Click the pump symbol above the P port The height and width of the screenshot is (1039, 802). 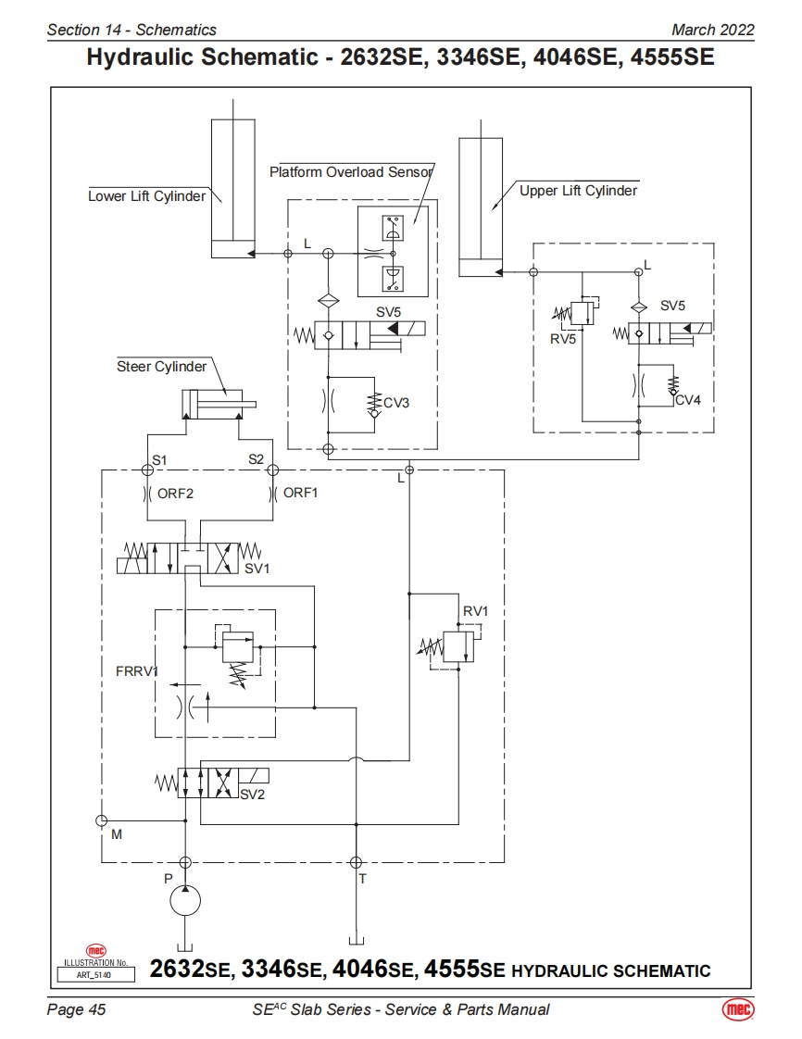[185, 901]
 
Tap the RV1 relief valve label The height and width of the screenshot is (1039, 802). [475, 611]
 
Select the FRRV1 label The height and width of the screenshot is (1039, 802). [137, 671]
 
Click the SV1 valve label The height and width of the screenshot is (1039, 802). [257, 569]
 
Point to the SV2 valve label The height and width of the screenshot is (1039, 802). [252, 794]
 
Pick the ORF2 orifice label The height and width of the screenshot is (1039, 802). [175, 493]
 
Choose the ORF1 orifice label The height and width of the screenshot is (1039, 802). [300, 493]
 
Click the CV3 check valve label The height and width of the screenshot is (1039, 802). [396, 403]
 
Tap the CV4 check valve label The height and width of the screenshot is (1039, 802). [688, 400]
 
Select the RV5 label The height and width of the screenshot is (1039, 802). [563, 339]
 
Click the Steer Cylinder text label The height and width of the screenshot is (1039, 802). [161, 367]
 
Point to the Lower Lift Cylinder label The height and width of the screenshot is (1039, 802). [146, 196]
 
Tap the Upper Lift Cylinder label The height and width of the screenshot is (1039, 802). [578, 191]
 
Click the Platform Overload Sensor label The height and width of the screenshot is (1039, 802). [351, 172]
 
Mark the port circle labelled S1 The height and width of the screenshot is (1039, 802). [148, 470]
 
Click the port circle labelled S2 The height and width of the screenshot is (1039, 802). [273, 470]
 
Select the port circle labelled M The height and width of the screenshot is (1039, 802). [101, 820]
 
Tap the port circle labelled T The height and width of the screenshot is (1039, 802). [356, 862]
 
